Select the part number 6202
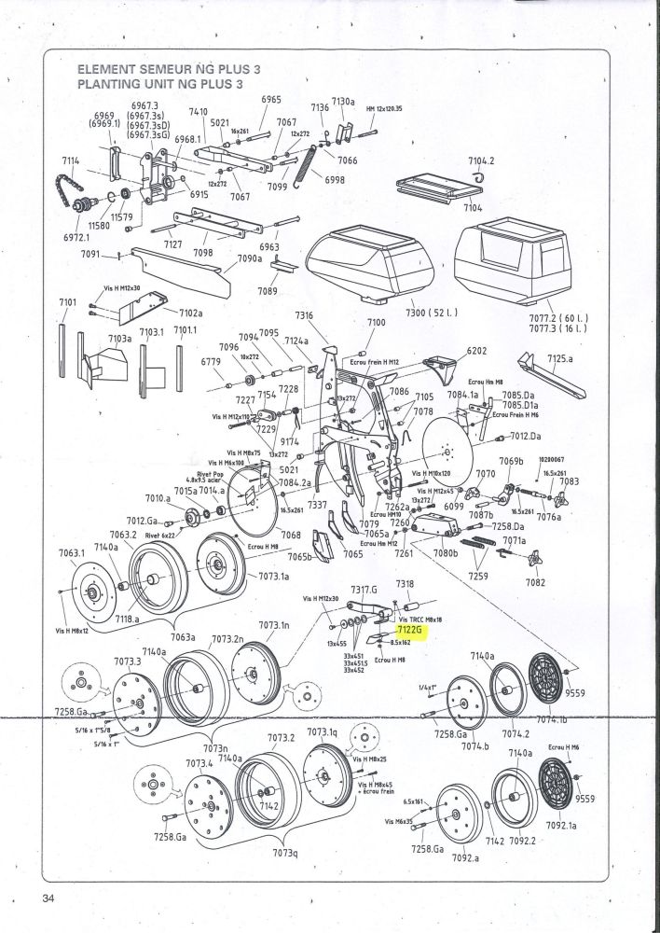click(x=477, y=350)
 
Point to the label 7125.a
click(x=560, y=357)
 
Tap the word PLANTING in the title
click(x=105, y=83)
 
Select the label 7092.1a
click(x=560, y=825)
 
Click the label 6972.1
click(x=78, y=237)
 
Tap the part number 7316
click(x=304, y=315)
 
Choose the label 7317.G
click(x=364, y=589)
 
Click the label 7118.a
click(x=127, y=618)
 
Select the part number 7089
click(x=268, y=291)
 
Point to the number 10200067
click(x=554, y=458)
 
